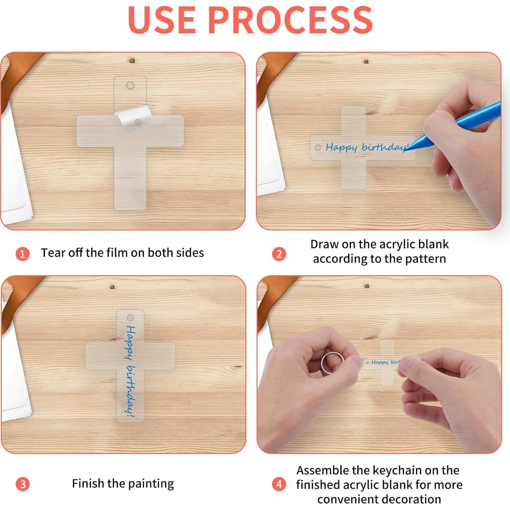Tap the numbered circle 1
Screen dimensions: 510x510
coord(23,254)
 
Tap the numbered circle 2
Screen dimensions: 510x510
coord(279,254)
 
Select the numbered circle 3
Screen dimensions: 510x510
coord(23,484)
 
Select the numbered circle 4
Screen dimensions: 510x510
coord(279,484)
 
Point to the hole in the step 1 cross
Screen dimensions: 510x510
coord(130,85)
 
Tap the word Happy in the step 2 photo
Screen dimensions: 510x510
coord(341,148)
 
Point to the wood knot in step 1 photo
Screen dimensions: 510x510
coord(132,61)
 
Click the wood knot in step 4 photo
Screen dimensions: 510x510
coord(367,286)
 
